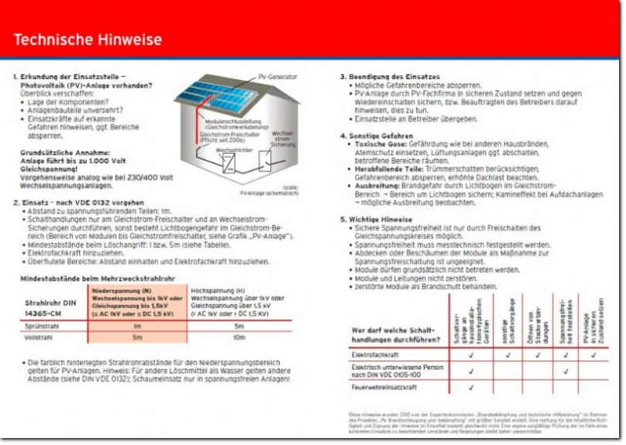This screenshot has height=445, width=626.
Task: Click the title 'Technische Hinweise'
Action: (x=88, y=39)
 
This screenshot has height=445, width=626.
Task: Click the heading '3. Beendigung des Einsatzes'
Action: (x=390, y=77)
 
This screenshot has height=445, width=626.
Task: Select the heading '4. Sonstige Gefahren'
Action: (x=377, y=136)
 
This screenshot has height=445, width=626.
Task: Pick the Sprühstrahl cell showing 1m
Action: (x=137, y=327)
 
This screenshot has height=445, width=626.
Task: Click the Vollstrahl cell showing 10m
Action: (x=239, y=338)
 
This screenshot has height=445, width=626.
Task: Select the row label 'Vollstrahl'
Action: (x=39, y=338)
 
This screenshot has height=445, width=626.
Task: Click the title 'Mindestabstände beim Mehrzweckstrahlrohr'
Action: (x=92, y=277)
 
